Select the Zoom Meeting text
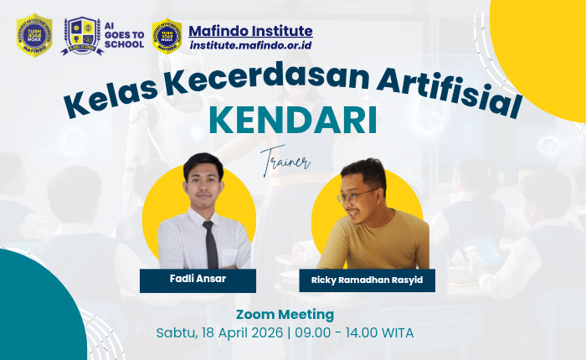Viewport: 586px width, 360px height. coord(285,315)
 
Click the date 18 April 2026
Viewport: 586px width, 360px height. coord(239,332)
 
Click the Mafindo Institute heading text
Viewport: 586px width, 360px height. coord(250,31)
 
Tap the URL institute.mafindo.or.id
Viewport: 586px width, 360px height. coord(250,45)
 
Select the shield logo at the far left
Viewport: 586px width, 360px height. coord(34,34)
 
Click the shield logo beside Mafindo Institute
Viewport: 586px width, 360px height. coord(167,35)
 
